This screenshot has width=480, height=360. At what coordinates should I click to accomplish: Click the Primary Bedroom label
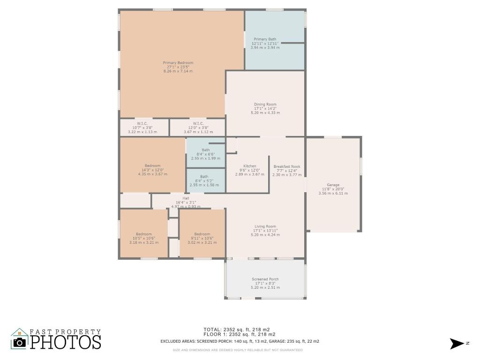178,63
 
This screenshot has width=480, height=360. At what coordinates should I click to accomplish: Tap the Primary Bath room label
265,39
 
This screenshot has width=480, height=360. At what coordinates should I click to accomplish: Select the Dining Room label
265,105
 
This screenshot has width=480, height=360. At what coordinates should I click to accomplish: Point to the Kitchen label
249,166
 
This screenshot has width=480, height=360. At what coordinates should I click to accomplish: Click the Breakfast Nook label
286,166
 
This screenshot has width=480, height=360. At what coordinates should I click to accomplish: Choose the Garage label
333,185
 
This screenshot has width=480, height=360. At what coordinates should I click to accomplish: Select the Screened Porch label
265,279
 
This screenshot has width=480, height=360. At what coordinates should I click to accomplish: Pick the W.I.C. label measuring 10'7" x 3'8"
142,124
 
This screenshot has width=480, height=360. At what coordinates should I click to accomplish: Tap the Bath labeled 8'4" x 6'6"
205,150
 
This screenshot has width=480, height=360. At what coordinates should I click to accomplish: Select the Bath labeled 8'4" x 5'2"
204,177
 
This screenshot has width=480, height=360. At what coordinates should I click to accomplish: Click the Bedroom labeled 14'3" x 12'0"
152,165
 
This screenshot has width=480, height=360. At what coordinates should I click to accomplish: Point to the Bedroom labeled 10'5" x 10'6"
144,234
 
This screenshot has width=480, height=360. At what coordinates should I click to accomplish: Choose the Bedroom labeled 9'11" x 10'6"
202,234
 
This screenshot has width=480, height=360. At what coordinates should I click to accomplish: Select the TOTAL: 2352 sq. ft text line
236,330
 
